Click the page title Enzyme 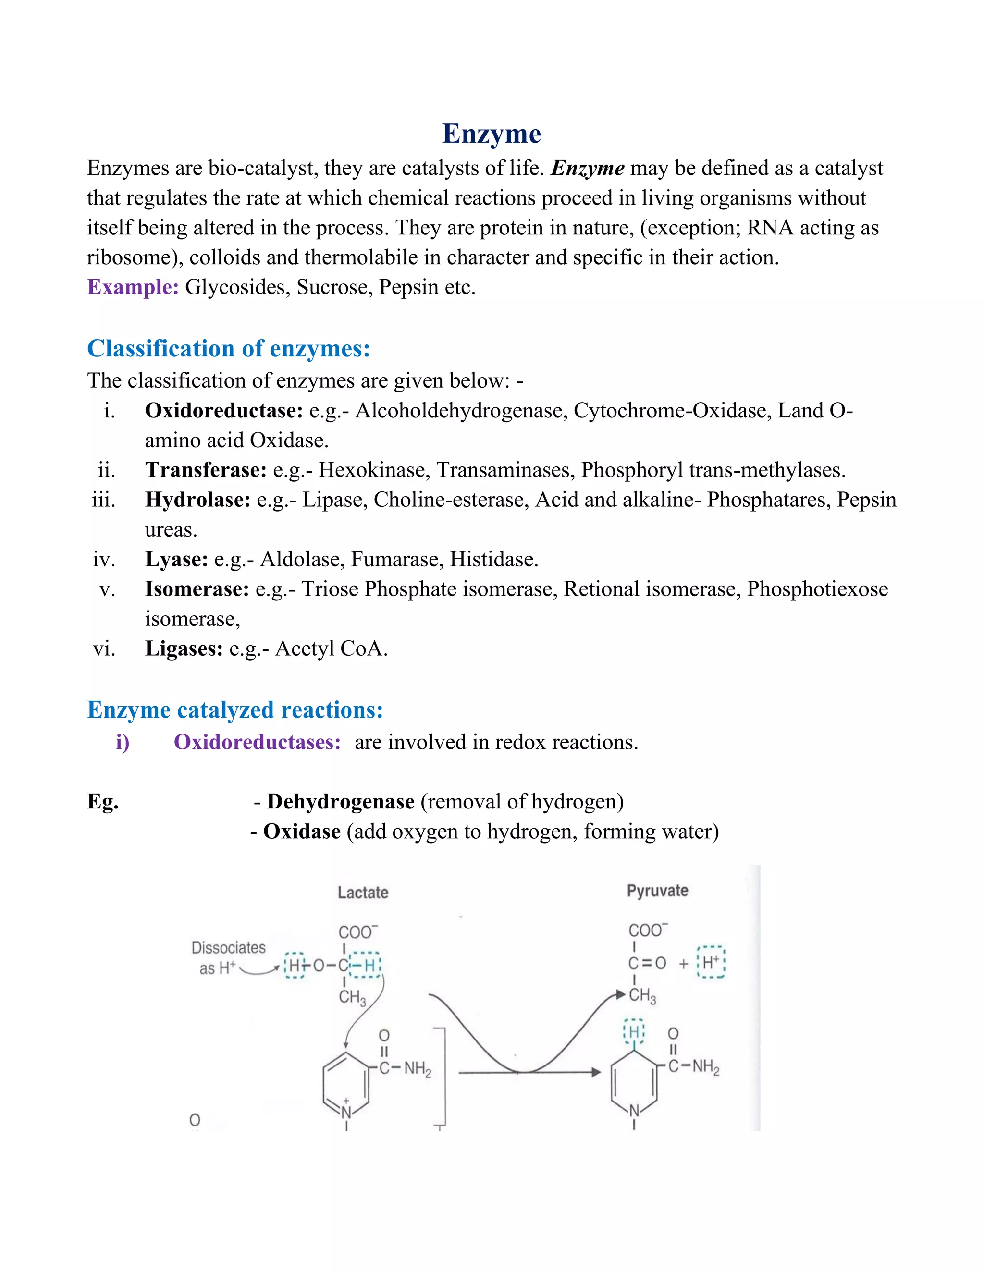point(492,134)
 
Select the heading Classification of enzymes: point(229,349)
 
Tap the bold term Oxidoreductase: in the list point(224,410)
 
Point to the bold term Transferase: point(206,470)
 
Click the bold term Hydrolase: point(197,500)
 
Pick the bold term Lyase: point(176,559)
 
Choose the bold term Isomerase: point(197,589)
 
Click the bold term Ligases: point(184,648)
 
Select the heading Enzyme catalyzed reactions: point(235,710)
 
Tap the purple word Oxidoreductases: point(257,742)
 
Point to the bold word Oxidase point(301,831)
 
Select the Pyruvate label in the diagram point(657,891)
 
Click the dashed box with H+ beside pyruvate point(711,962)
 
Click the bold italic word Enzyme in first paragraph point(588,168)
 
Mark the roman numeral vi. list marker point(104,648)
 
